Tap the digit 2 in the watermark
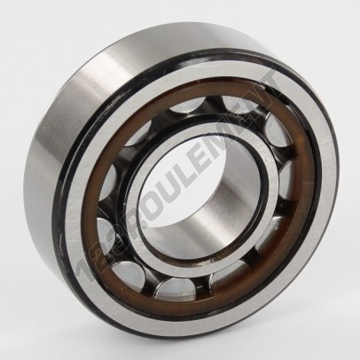100,254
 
